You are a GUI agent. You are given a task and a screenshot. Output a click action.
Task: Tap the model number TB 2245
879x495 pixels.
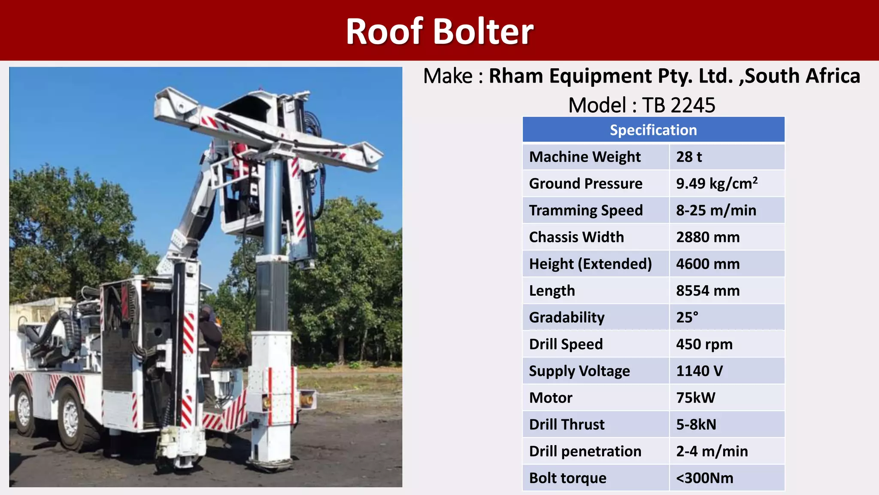678,105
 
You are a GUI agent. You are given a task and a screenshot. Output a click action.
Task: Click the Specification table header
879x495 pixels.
653,130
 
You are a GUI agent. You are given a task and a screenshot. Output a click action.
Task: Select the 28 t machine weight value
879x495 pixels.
689,157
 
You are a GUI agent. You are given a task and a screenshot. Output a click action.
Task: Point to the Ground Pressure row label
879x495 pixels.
585,183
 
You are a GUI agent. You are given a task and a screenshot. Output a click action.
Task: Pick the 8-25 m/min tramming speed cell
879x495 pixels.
716,210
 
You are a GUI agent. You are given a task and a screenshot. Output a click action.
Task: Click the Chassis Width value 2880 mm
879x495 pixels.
708,237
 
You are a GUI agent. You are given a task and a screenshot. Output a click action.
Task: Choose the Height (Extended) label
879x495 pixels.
590,264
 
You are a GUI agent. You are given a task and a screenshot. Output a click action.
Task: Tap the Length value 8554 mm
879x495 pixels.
708,290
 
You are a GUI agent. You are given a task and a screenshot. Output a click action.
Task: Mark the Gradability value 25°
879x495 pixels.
687,317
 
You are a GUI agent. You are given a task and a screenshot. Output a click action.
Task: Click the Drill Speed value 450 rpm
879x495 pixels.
704,344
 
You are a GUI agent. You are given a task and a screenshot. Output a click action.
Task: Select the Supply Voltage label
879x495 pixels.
579,371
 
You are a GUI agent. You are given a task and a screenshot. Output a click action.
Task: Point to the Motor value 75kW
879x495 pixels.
696,397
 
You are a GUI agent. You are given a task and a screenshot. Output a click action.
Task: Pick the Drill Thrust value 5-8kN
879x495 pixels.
696,425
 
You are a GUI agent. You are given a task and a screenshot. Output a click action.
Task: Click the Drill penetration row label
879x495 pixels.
585,451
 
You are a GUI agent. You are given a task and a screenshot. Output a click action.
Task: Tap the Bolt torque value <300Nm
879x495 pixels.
705,478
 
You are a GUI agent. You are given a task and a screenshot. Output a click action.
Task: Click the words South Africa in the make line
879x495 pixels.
802,76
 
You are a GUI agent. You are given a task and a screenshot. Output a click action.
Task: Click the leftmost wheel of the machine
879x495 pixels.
24,408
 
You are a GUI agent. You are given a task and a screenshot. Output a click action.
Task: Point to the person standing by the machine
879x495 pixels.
209,339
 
